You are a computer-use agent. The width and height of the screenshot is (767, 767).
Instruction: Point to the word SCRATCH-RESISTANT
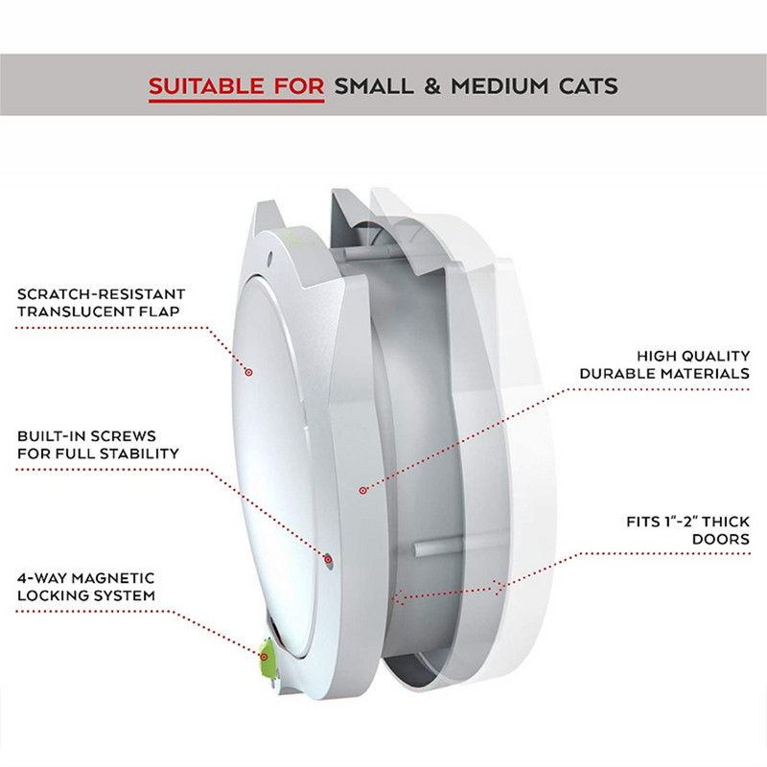(x=102, y=293)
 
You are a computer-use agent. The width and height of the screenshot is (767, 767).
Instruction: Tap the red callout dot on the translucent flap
(x=248, y=370)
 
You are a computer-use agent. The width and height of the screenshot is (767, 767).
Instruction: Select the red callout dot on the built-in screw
(x=328, y=558)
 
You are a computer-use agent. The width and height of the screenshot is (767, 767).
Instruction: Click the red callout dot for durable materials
(x=362, y=490)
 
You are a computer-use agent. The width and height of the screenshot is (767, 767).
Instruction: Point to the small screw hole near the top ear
(x=273, y=255)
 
